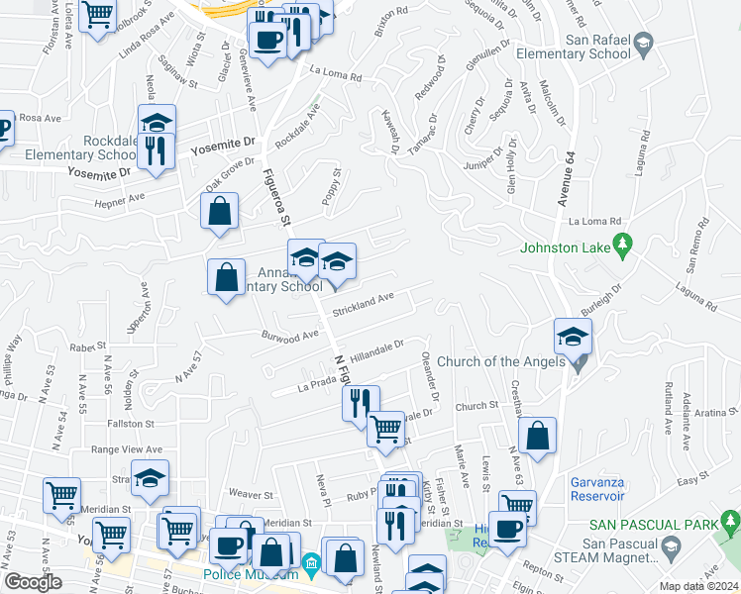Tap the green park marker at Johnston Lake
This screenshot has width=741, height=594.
pos(623,243)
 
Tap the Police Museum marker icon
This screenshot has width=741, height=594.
pos(311,565)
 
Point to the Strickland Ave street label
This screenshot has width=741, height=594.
pos(364,305)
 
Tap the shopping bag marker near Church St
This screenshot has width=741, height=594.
pos(537,436)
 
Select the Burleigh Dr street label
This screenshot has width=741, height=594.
pos(601,301)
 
